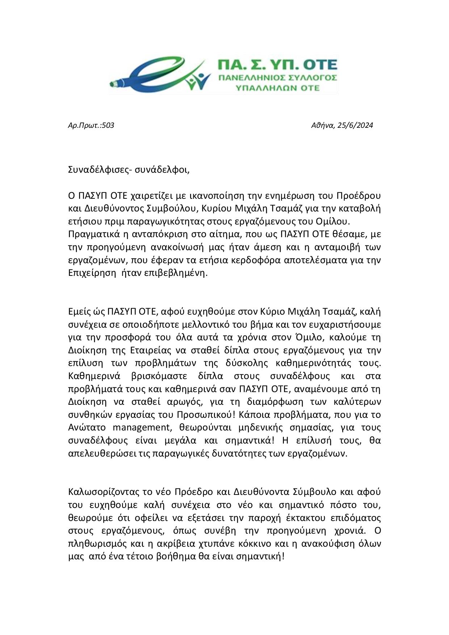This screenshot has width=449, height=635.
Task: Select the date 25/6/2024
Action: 355,126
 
